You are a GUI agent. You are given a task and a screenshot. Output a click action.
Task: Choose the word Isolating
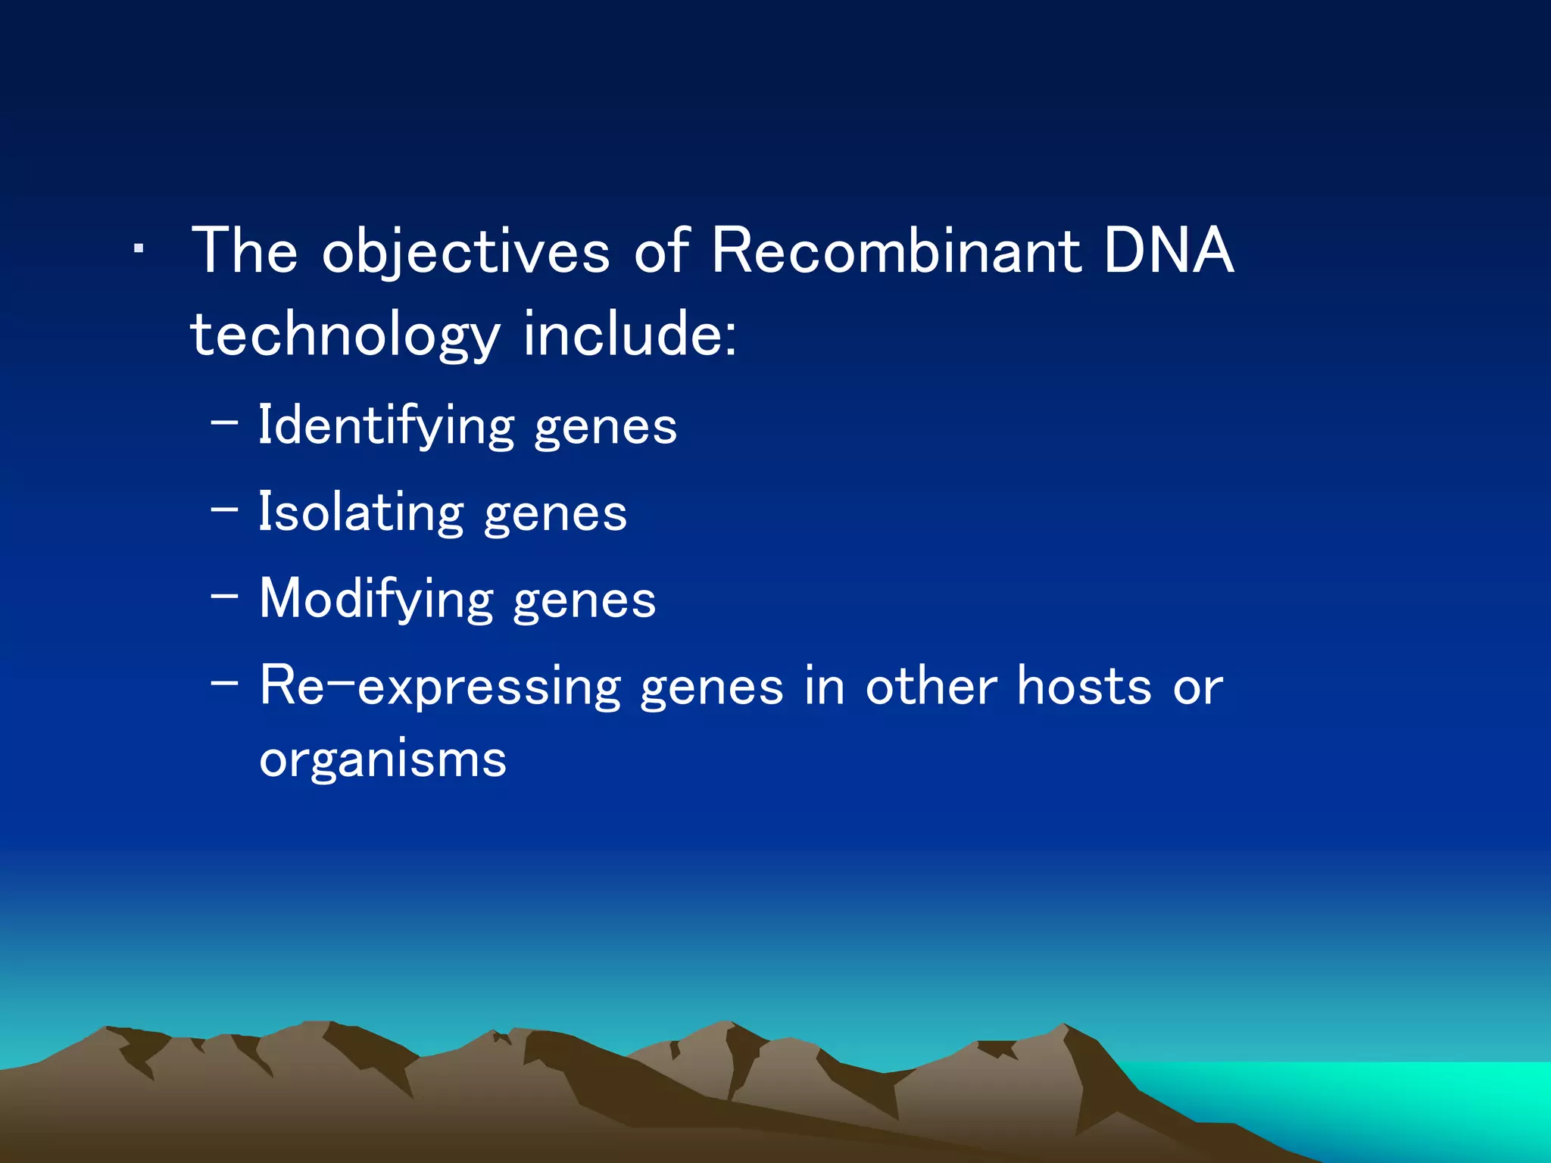360,513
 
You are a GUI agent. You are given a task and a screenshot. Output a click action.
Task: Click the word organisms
382,759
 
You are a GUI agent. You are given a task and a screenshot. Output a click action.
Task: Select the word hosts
1084,686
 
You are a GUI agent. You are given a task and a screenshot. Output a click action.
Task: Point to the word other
931,686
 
